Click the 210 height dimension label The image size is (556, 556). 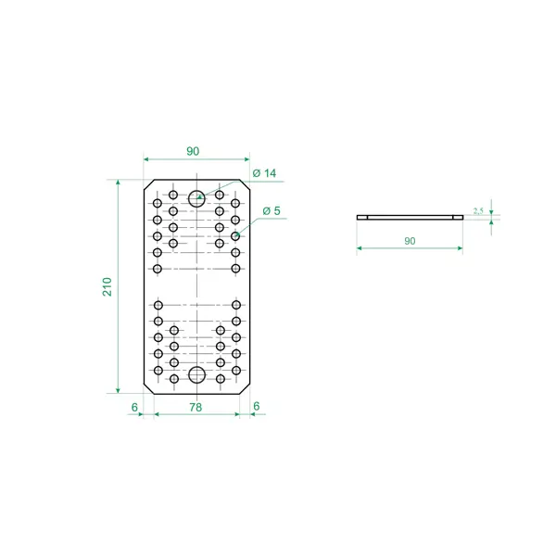[x=107, y=286]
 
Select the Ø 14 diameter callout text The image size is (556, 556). [x=264, y=173]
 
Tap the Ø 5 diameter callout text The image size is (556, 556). [x=272, y=211]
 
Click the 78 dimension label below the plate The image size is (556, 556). [x=196, y=407]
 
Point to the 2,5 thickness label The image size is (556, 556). [x=478, y=211]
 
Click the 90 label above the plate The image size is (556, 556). [x=193, y=151]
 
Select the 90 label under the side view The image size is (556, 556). [x=410, y=241]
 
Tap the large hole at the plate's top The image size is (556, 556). [x=196, y=198]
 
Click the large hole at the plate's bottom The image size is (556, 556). [x=196, y=374]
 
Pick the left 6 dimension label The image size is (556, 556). [x=134, y=407]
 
